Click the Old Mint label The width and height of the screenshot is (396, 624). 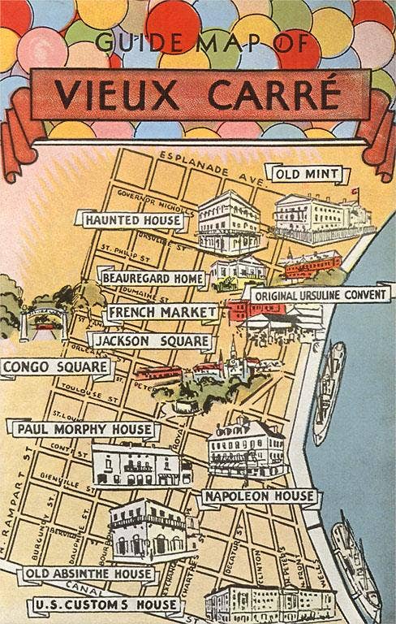(x=307, y=174)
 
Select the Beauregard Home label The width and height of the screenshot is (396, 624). (x=152, y=278)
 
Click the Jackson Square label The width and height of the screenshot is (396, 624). (x=151, y=341)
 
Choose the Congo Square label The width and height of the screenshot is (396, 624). (x=55, y=368)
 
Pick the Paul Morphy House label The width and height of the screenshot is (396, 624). (x=84, y=428)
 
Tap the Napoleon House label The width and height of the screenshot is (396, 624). (x=247, y=496)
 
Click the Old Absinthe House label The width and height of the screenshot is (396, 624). (x=88, y=574)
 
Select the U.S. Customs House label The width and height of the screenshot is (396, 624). (x=105, y=604)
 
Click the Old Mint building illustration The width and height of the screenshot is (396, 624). (x=317, y=217)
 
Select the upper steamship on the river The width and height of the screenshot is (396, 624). (x=329, y=392)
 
